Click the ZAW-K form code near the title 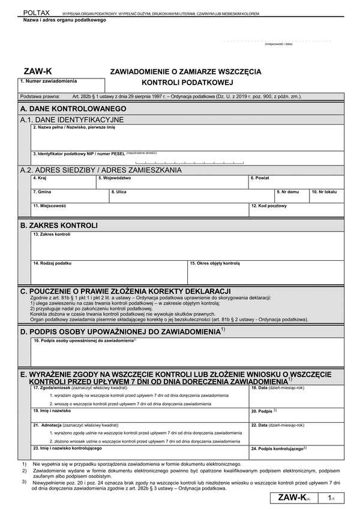pyautogui.click(x=35, y=70)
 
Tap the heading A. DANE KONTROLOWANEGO pyautogui.click(x=73, y=109)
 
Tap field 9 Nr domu pyautogui.click(x=291, y=197)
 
